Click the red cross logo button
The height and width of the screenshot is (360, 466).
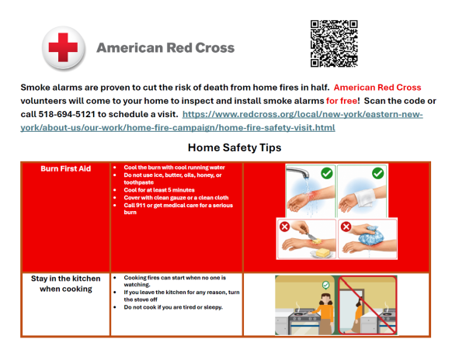[64, 48]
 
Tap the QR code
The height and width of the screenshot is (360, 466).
[334, 43]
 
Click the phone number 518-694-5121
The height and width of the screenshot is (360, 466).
[67, 114]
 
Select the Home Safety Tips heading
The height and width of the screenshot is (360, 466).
[235, 147]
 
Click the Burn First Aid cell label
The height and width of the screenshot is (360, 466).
[66, 168]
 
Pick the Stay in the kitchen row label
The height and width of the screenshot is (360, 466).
[66, 284]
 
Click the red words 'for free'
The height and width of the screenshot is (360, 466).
[342, 101]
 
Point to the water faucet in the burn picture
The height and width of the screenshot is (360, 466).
[297, 172]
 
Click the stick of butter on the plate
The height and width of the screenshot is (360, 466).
[322, 253]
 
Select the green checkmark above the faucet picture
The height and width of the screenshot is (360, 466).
[327, 173]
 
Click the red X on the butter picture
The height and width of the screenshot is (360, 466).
[285, 227]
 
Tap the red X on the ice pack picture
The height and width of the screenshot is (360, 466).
[346, 227]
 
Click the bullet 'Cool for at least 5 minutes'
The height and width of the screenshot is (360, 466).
[159, 190]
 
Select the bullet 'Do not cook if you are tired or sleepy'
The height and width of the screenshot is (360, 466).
[173, 307]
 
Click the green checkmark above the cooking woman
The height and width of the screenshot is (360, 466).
[326, 286]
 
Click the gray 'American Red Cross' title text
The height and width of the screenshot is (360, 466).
[165, 48]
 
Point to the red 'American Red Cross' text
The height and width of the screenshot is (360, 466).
[377, 88]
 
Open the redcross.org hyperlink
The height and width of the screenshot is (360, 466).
[221, 121]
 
